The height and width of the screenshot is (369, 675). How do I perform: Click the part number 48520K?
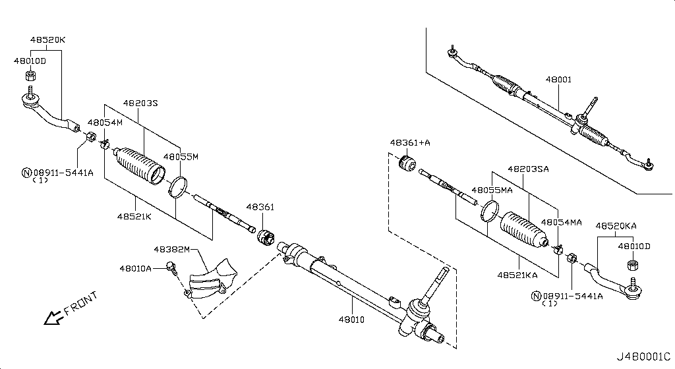(47, 40)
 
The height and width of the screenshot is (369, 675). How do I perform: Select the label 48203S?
(140, 103)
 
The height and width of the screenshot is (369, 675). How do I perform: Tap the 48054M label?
(105, 123)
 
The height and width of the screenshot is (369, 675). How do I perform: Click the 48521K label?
(135, 215)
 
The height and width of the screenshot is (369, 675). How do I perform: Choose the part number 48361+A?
(409, 142)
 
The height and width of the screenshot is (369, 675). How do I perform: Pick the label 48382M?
(171, 250)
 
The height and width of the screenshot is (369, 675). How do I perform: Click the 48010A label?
(135, 268)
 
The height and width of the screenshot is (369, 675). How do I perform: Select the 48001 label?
(558, 80)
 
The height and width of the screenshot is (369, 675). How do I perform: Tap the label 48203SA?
(528, 169)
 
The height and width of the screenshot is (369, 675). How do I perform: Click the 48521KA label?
(518, 273)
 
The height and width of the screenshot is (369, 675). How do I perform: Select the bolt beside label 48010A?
(172, 268)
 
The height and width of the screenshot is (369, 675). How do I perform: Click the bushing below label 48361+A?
(408, 161)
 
